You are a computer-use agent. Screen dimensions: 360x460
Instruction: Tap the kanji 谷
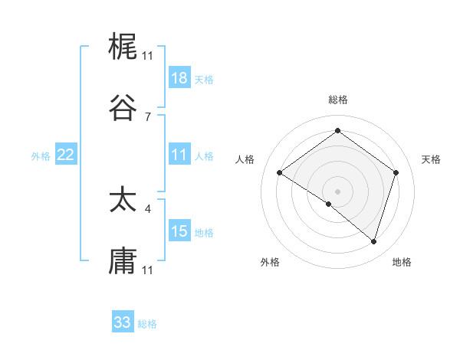point(123,107)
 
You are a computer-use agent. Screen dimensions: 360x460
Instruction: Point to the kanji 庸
point(123,260)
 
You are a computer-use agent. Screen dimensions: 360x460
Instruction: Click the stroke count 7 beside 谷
point(148,116)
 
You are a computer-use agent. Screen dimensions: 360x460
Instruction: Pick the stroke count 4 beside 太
point(148,208)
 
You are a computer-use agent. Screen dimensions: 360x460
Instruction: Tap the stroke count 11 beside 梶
point(148,56)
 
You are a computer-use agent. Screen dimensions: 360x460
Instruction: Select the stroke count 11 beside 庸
point(148,270)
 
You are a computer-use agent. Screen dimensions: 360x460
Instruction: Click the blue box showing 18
point(179,78)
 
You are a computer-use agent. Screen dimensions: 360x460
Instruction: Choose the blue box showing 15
point(179,231)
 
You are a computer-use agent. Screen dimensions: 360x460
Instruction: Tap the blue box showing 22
point(66,155)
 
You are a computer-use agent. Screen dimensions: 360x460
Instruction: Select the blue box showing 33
point(123,322)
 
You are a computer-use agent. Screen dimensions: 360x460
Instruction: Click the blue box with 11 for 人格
point(179,155)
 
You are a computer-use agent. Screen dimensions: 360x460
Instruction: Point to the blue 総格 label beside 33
point(147,324)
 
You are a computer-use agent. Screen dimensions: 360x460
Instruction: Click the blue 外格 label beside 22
point(41,156)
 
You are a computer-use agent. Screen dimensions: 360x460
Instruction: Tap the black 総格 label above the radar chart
point(337,100)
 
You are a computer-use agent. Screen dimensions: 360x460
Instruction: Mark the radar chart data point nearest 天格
point(396,172)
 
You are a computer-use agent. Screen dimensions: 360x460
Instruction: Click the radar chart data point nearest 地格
point(373,241)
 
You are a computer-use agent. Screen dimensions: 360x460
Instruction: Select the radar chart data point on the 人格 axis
point(280,172)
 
